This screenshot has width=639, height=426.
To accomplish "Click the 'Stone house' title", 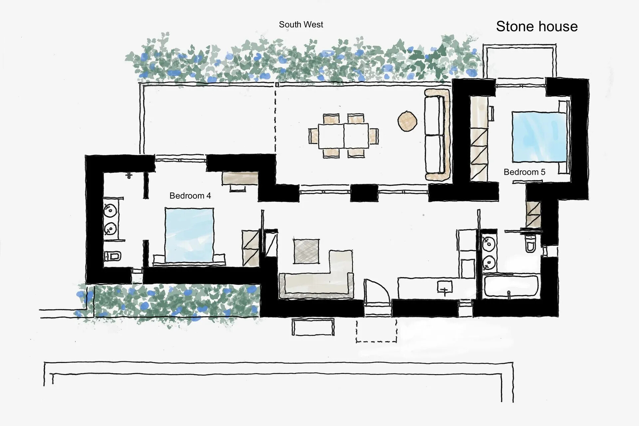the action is (536, 27).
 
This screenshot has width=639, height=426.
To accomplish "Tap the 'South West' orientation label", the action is (301, 25).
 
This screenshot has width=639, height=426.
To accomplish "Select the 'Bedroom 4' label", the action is (190, 196).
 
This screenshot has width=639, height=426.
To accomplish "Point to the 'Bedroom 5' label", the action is (524, 172).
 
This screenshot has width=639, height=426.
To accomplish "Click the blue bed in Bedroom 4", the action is (189, 235).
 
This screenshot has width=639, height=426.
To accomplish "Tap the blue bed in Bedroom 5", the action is (539, 136).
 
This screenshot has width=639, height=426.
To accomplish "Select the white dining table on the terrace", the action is (343, 136).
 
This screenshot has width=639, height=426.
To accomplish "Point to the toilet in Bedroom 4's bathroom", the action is (112, 257).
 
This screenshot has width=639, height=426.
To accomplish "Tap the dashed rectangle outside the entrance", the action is (376, 331).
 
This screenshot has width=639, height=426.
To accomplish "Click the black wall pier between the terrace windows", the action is (364, 193).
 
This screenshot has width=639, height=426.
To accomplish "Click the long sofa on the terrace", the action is (437, 135).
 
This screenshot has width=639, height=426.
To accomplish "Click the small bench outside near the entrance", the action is (313, 327).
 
